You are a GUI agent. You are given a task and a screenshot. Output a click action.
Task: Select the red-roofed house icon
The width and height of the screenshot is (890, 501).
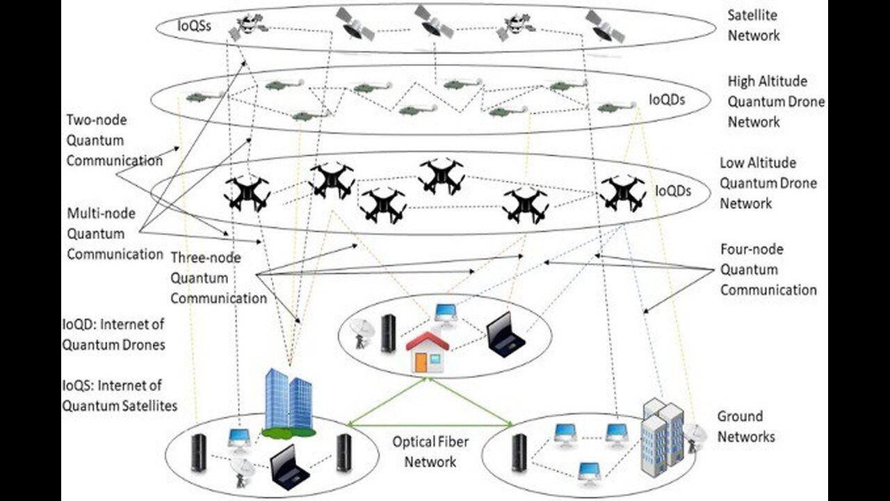click(428, 351)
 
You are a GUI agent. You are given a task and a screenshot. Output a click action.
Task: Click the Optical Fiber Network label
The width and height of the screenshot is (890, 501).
click(423, 452)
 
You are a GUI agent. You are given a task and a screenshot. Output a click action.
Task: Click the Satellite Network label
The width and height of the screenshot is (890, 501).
click(753, 24)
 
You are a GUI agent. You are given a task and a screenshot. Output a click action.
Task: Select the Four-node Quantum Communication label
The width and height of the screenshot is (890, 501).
click(768, 270)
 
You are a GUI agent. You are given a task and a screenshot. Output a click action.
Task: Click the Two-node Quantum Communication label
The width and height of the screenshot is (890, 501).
click(114, 141)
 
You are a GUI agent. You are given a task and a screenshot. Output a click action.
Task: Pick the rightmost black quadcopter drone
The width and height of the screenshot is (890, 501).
click(622, 193)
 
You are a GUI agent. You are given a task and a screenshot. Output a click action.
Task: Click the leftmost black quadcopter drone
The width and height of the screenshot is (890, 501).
click(247, 193)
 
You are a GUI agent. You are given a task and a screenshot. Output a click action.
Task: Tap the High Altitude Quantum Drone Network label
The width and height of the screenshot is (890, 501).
click(775, 102)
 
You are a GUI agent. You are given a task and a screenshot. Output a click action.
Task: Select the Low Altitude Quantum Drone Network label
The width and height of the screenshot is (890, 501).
click(768, 183)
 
